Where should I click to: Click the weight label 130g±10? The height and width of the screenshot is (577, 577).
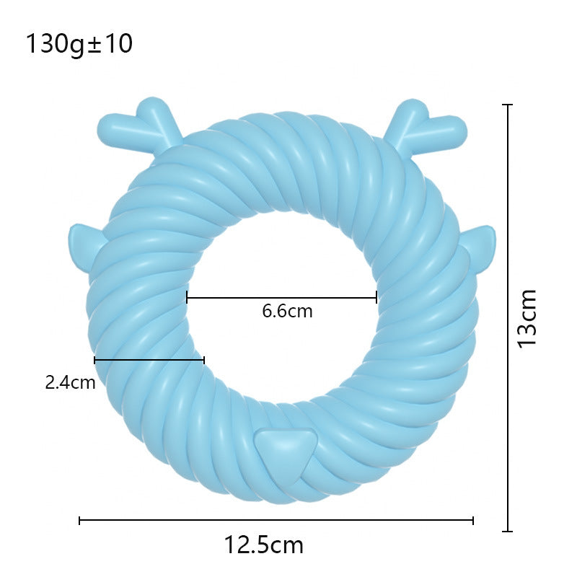tap(79, 45)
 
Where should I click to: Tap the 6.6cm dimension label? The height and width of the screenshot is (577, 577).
tap(287, 312)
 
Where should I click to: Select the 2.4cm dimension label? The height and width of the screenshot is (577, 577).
tap(70, 382)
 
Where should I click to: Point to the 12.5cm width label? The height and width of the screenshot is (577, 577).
tap(263, 545)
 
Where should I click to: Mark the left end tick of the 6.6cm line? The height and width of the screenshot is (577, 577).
tap(187, 297)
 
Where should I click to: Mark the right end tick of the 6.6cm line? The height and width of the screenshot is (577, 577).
tap(376, 297)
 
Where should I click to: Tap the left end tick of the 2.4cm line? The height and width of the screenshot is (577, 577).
tap(94, 359)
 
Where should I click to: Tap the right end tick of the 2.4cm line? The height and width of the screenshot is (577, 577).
tap(204, 359)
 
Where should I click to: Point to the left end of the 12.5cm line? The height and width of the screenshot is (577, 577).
tap(79, 520)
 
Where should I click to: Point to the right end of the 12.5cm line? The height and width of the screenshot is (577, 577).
tap(473, 520)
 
